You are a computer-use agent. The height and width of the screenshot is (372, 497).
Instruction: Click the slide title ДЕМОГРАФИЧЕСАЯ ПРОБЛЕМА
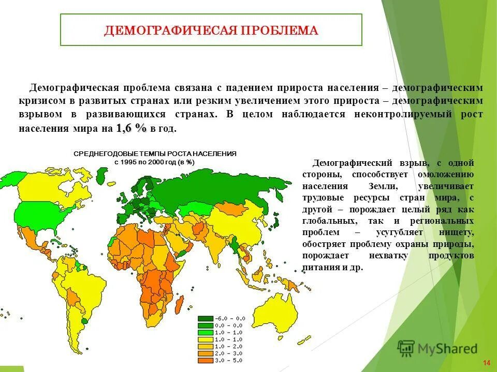point(211,30)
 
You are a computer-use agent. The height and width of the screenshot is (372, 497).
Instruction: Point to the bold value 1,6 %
point(132,128)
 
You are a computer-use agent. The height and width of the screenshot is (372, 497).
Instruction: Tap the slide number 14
point(486,361)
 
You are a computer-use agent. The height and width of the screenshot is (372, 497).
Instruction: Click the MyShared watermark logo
point(437,348)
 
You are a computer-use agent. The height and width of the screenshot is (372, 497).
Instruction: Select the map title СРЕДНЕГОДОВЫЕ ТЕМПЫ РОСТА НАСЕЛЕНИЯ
point(155,154)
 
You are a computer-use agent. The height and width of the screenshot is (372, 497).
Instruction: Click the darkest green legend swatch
point(205,318)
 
